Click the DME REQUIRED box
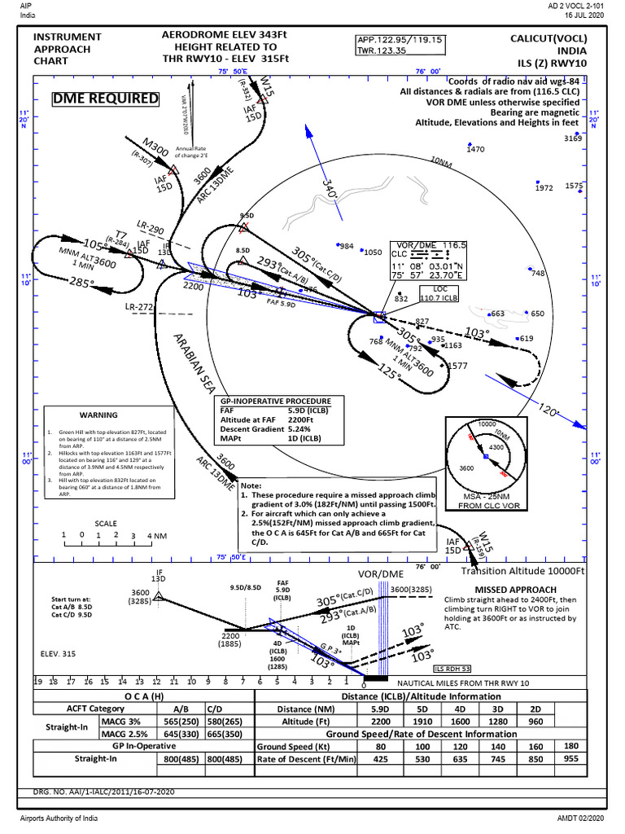click(x=106, y=99)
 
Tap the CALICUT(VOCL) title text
click(x=548, y=38)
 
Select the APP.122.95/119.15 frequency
click(x=399, y=39)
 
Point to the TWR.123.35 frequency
click(x=382, y=50)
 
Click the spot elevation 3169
click(x=573, y=138)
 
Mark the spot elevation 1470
click(x=475, y=149)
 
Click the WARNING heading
click(x=98, y=415)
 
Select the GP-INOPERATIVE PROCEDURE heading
click(x=276, y=402)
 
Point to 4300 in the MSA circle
click(x=494, y=447)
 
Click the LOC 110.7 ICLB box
click(x=440, y=293)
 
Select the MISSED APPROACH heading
click(x=515, y=589)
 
